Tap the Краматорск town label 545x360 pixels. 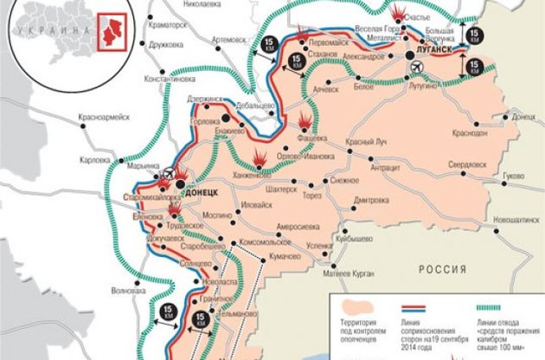click(166, 26)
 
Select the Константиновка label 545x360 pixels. click(170, 78)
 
